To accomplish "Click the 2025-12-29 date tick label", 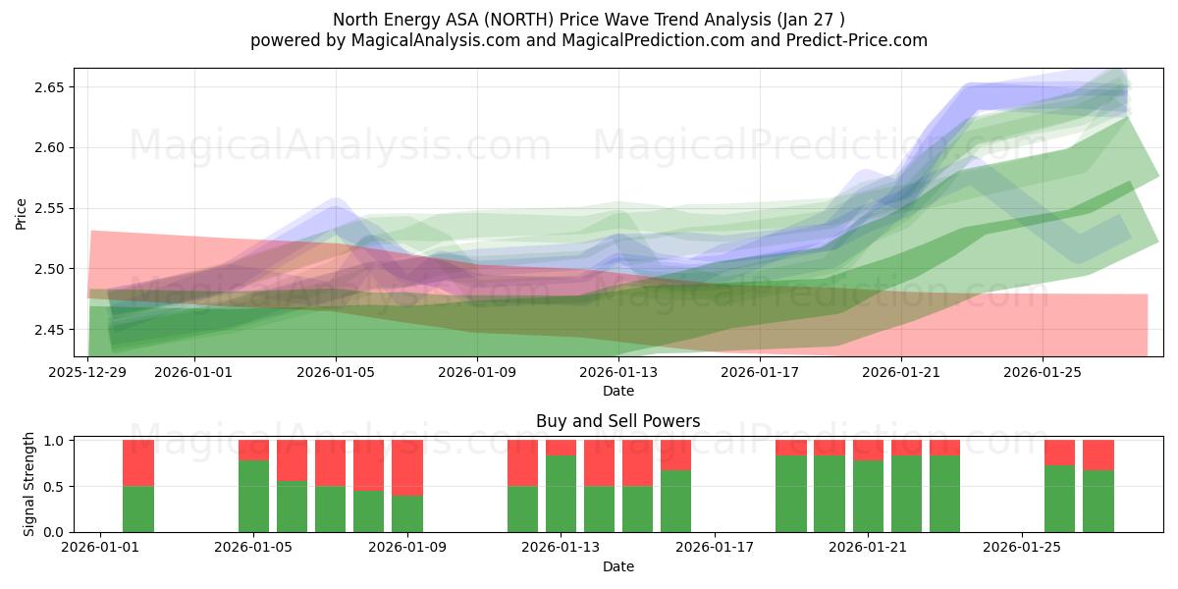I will pos(88,372).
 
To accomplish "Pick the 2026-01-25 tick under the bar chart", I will pos(1022,547).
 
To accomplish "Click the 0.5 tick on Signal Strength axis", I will pos(55,486).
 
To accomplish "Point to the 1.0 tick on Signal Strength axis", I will pos(55,441).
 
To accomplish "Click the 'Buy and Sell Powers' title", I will pos(617,421).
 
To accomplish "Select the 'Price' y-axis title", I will pos(22,213).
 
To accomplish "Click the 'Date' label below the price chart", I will pos(617,391).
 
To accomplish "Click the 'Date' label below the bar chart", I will pos(617,566).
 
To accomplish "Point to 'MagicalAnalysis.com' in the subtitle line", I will pos(426,40).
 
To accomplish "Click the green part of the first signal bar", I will pos(138,509).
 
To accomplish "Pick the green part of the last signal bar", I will pos(1098,501).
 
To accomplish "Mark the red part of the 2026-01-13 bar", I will pos(561,448).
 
